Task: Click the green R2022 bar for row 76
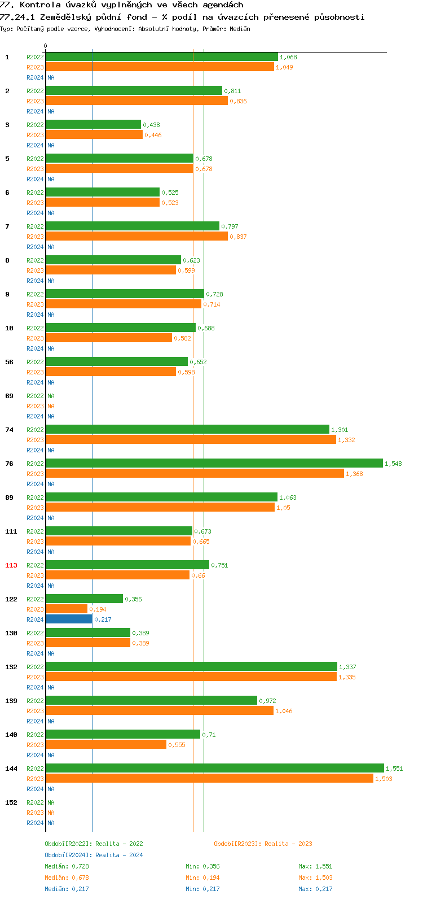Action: (x=214, y=463)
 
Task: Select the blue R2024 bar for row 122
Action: (x=69, y=619)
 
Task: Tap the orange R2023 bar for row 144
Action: (x=209, y=778)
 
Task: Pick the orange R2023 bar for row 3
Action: (x=94, y=134)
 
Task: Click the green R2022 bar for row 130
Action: (x=88, y=632)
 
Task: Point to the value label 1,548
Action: (x=393, y=464)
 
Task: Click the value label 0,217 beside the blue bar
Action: (x=103, y=619)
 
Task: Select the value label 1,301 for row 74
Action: (x=340, y=430)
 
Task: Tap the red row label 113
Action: (x=11, y=565)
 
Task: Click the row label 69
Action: (x=10, y=396)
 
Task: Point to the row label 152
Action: (x=11, y=802)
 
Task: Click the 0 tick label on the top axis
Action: (x=46, y=46)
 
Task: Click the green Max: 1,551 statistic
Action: (x=315, y=866)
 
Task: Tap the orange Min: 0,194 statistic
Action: (x=202, y=878)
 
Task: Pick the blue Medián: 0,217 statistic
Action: (x=67, y=889)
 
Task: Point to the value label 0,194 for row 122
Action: (x=98, y=609)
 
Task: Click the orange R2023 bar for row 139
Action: (x=160, y=710)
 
